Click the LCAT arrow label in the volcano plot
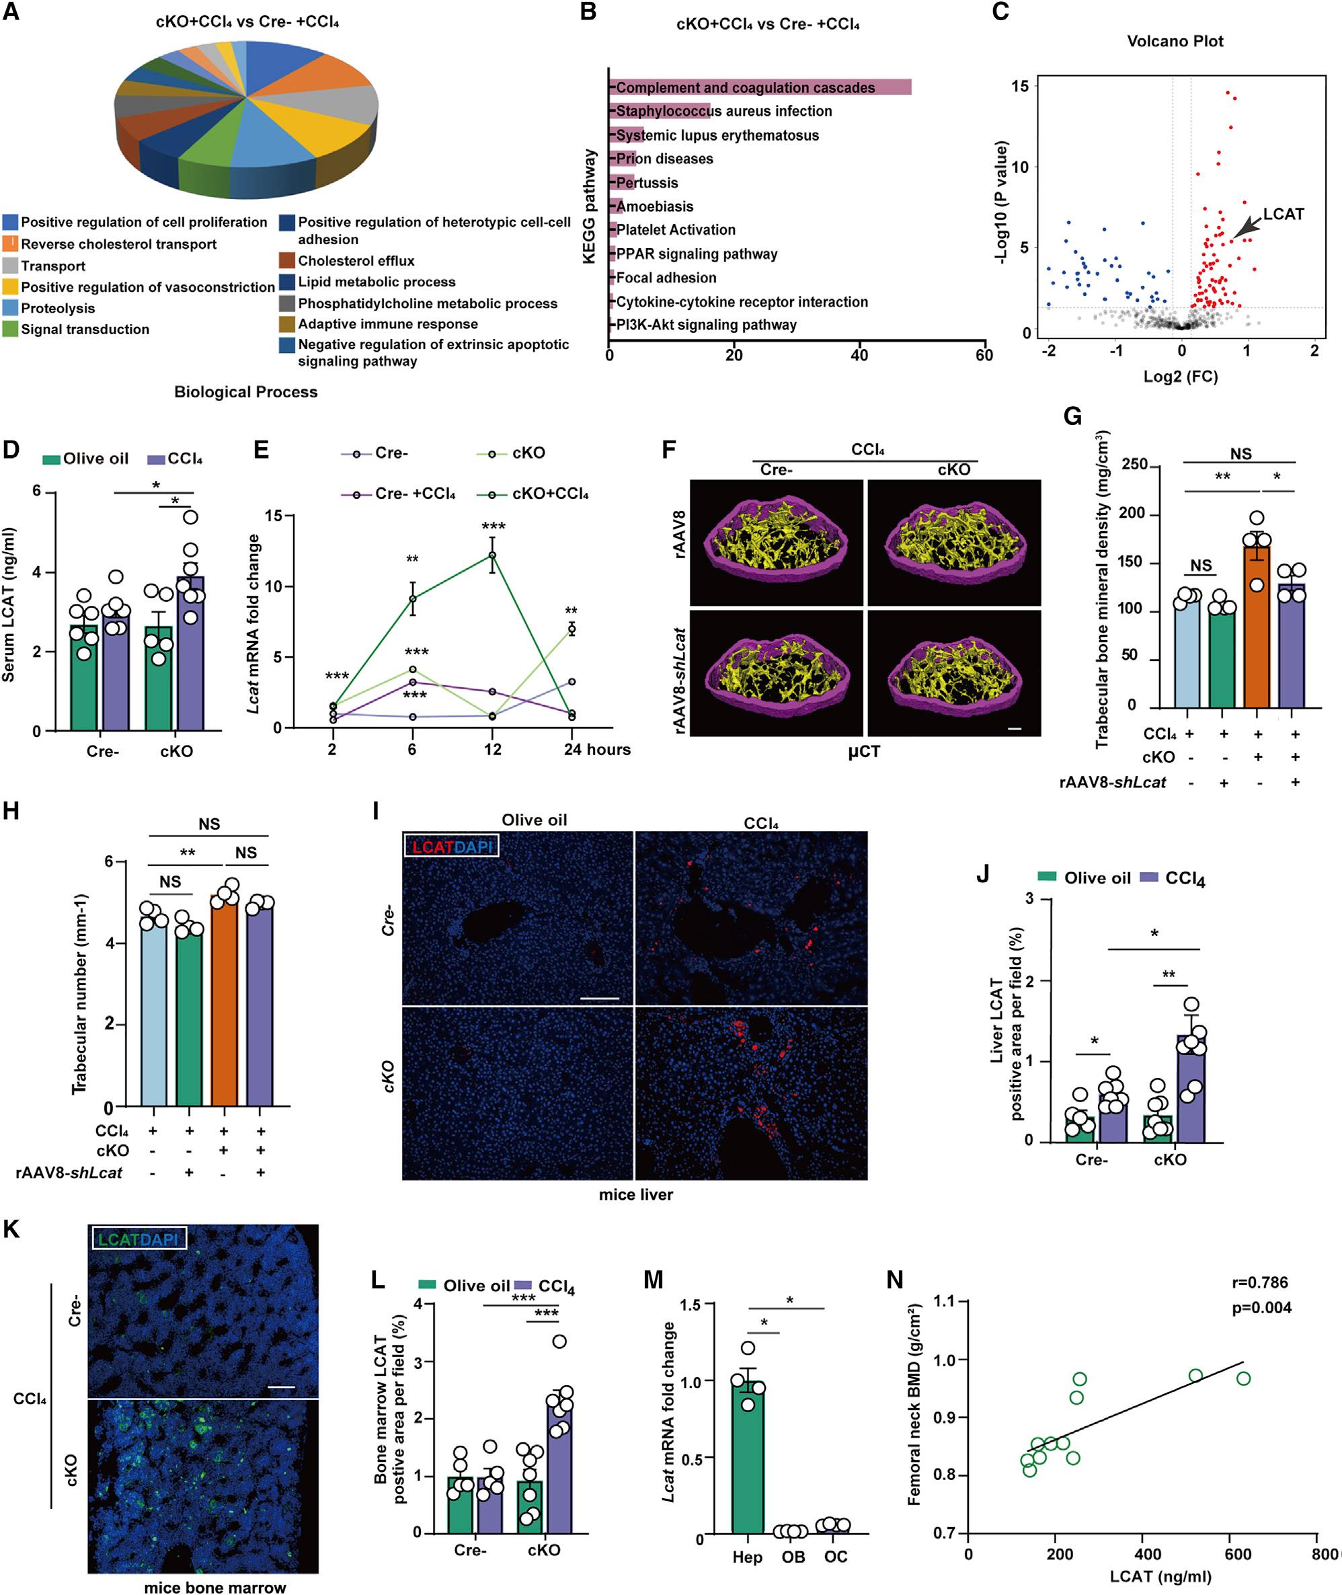pyautogui.click(x=1284, y=214)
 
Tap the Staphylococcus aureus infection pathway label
pyautogui.click(x=723, y=111)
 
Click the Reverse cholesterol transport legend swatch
pyautogui.click(x=11, y=243)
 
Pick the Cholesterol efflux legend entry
pyautogui.click(x=355, y=261)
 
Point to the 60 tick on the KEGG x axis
pyautogui.click(x=984, y=354)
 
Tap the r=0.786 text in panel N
pyautogui.click(x=1260, y=1282)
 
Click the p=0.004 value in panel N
pyautogui.click(x=1261, y=1308)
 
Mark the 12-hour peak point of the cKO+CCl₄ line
pyautogui.click(x=492, y=555)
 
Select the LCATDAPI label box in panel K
pyautogui.click(x=138, y=1239)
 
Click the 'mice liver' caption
pyautogui.click(x=635, y=1195)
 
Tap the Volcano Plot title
pyautogui.click(x=1175, y=41)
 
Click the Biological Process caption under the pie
pyautogui.click(x=245, y=392)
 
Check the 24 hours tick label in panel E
pyautogui.click(x=596, y=750)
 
